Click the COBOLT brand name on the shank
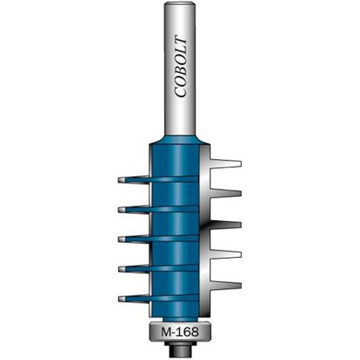180,67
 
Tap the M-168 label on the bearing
180,333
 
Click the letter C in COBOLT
180,92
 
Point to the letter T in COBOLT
180,42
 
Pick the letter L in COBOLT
180,51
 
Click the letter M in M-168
166,333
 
